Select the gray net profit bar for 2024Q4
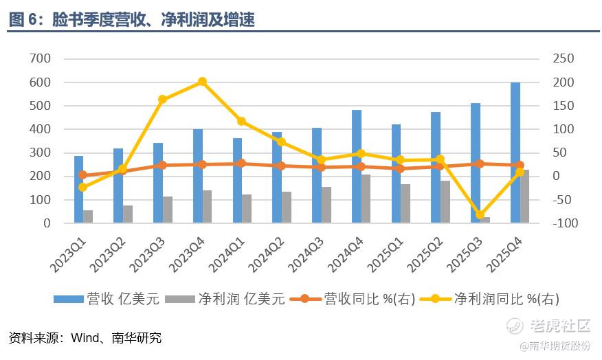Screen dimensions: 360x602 [366, 199]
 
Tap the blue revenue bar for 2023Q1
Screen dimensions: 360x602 [78, 190]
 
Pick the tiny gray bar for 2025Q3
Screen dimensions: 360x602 [486, 220]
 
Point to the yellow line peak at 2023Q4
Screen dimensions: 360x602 [202, 82]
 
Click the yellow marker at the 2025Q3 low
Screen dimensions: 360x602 [480, 215]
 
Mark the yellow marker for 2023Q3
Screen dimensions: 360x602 [162, 100]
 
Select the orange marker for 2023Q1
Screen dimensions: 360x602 [82, 175]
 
